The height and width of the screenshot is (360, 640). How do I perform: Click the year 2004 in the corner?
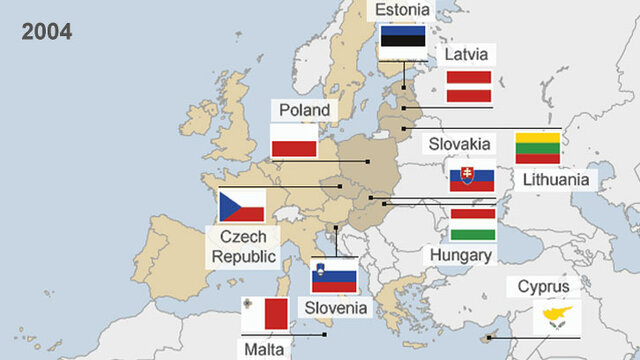pyautogui.click(x=47, y=32)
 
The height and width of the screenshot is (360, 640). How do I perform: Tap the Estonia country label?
pyautogui.click(x=402, y=10)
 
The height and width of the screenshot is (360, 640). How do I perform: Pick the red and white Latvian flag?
pyautogui.click(x=468, y=87)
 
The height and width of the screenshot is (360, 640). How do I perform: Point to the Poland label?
pyautogui.click(x=304, y=110)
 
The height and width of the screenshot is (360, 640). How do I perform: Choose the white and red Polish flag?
pyautogui.click(x=295, y=141)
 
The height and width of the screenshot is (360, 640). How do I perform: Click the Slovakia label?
pyautogui.click(x=459, y=144)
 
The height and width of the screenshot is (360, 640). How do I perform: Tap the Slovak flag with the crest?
pyautogui.click(x=472, y=177)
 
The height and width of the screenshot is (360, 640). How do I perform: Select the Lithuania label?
pyautogui.click(x=559, y=180)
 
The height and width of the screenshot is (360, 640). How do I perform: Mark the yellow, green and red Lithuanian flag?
pyautogui.click(x=538, y=148)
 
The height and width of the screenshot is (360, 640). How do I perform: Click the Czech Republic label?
pyautogui.click(x=244, y=246)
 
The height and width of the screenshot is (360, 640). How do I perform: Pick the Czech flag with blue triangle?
pyautogui.click(x=242, y=206)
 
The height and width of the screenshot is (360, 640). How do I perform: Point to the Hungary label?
pyautogui.click(x=460, y=255)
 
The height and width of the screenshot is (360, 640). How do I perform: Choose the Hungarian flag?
pyautogui.click(x=473, y=225)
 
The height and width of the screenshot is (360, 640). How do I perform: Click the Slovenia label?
pyautogui.click(x=337, y=307)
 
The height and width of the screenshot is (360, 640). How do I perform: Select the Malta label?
pyautogui.click(x=264, y=349)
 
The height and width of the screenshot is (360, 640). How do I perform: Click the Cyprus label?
pyautogui.click(x=544, y=288)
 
